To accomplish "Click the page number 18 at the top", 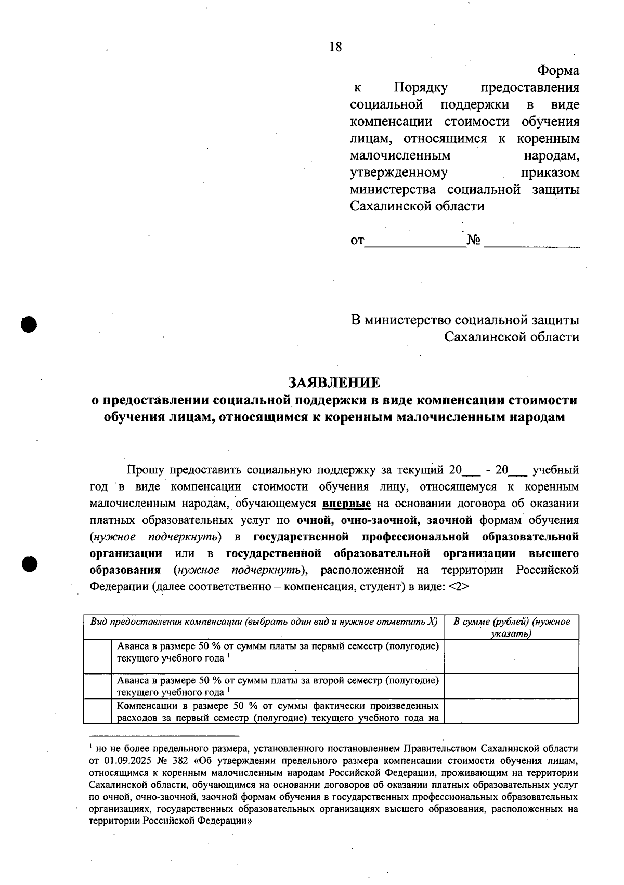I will point(335,47).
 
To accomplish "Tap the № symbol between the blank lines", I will point(474,240).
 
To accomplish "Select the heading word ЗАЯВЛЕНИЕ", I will point(334,382).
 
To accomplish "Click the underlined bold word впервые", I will point(346,503).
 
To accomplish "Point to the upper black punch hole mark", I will point(30,323).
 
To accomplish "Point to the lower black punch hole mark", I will point(30,563).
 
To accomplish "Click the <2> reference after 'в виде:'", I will point(458,586).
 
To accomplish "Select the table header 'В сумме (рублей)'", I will point(512,622).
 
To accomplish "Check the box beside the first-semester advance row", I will point(97,656).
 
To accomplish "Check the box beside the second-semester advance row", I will point(97,686).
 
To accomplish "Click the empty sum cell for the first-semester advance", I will point(512,656).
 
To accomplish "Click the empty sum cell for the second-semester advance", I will point(512,686).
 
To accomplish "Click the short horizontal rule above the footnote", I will point(164,736).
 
